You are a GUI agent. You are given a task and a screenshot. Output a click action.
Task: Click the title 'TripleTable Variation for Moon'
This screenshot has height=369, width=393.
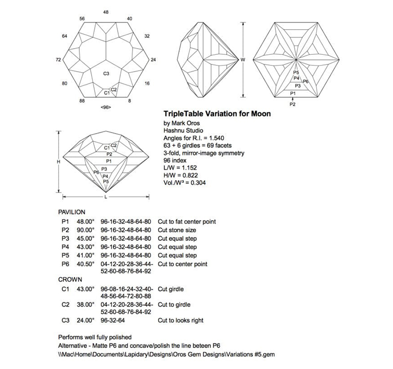click(x=216, y=114)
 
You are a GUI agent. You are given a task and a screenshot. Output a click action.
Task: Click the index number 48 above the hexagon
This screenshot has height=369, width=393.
click(x=106, y=11)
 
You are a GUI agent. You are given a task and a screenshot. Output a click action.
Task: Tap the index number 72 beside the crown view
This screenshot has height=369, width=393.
click(x=58, y=59)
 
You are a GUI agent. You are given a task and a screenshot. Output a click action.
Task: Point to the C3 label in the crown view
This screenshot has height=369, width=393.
click(x=106, y=74)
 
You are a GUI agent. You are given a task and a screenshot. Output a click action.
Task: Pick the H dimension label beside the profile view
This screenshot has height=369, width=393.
click(x=59, y=162)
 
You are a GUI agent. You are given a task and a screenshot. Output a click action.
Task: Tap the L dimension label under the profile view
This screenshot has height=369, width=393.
click(x=106, y=197)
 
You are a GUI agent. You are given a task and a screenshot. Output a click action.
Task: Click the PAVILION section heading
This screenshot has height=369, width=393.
click(x=72, y=211)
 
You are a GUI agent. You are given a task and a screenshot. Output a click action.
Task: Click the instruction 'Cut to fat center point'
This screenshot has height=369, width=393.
click(x=187, y=222)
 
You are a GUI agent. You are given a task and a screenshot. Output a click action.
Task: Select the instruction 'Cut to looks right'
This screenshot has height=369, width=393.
click(x=181, y=320)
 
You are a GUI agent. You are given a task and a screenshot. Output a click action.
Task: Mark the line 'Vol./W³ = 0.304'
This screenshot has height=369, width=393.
click(x=185, y=183)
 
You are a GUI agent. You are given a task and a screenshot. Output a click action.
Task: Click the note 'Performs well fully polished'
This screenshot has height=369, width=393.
click(x=95, y=337)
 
